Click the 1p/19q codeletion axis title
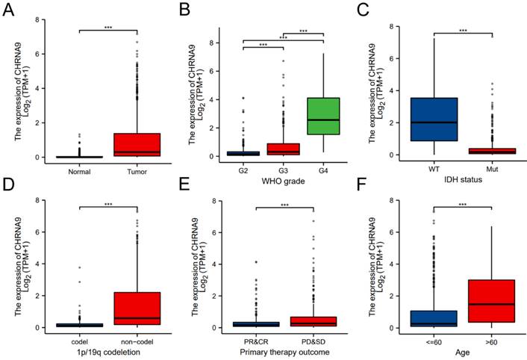pyautogui.click(x=107, y=352)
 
